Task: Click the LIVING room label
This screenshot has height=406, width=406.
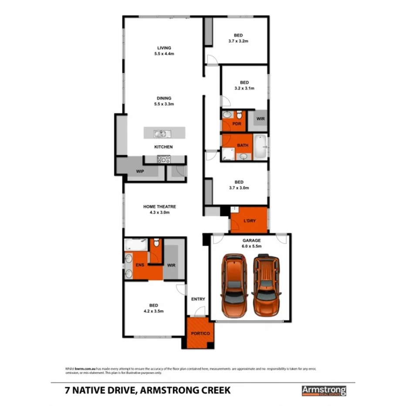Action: point(164,48)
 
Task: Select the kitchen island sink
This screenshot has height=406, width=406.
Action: point(159,133)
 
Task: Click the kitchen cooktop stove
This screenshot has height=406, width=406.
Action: point(163,159)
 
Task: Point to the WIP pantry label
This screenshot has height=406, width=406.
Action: point(140,171)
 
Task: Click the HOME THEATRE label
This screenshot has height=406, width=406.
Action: point(159,206)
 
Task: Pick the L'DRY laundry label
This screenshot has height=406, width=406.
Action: point(250,221)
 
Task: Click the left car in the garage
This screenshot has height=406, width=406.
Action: point(233,285)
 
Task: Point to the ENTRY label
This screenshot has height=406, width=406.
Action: point(198,299)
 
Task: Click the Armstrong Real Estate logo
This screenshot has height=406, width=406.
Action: point(324,390)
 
